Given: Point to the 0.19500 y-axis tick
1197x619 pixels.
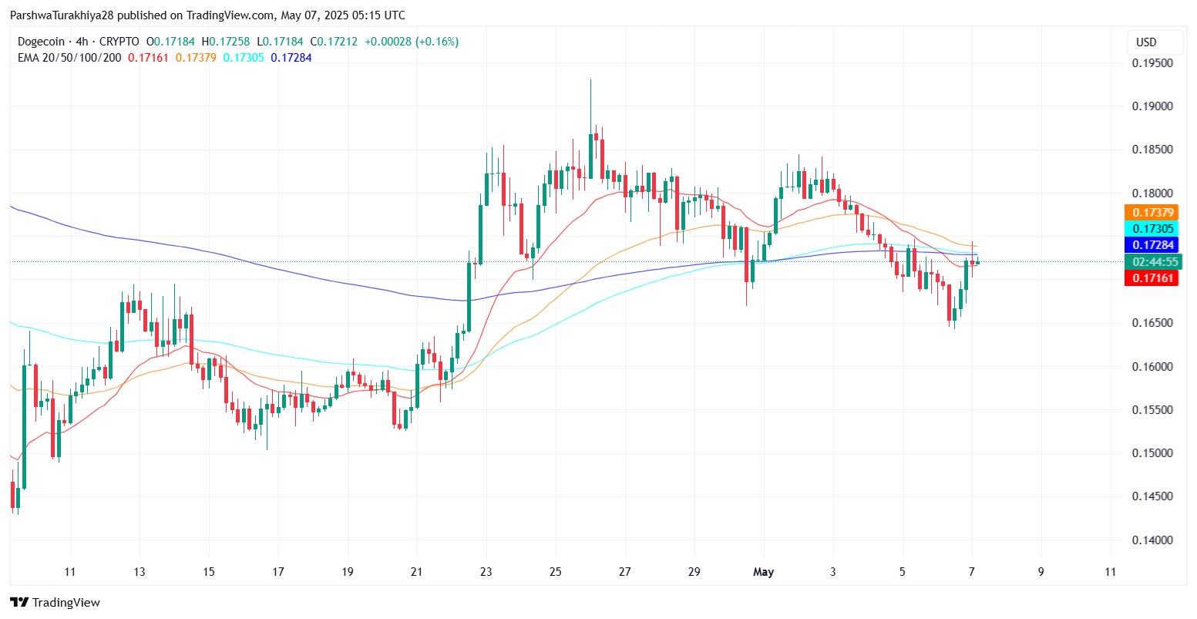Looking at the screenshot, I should (x=1152, y=63).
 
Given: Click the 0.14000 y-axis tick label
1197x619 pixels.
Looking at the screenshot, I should (x=1152, y=540).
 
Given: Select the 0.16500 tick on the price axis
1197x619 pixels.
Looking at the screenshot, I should (x=1152, y=323).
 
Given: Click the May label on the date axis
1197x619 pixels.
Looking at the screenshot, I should (x=764, y=572).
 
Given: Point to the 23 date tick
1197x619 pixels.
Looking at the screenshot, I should (x=486, y=572).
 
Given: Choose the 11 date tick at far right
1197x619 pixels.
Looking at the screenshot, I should (x=1110, y=572).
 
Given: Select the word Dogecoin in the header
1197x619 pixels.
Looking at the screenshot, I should (x=43, y=42).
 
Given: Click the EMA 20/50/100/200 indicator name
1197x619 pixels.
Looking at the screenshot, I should (x=69, y=57).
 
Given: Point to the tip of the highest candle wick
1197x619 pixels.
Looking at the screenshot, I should (x=590, y=79).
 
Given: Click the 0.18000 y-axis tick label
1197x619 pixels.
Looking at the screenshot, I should (x=1152, y=193).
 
